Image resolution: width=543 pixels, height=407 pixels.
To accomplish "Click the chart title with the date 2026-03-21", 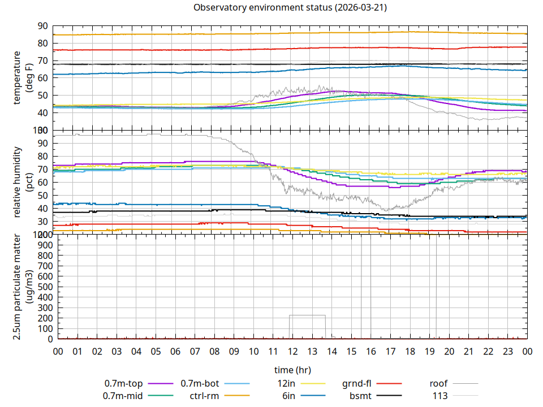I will click(x=290, y=7).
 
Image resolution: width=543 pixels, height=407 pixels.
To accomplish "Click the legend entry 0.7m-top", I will click(x=124, y=384).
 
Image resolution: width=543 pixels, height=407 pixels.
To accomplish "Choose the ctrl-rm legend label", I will click(x=204, y=396).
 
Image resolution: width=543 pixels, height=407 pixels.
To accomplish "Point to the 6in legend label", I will click(x=288, y=396).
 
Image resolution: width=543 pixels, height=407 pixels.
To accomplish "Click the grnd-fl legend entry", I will click(x=356, y=384).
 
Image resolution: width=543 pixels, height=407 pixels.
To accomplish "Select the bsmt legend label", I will click(x=360, y=396).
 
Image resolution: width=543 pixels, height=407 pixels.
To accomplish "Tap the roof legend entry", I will click(x=438, y=384).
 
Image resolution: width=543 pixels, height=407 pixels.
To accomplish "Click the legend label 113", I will click(x=440, y=396).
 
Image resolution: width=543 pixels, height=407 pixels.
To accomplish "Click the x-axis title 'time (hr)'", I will click(x=292, y=370).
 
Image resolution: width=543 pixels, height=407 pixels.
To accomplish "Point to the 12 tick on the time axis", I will click(x=292, y=352).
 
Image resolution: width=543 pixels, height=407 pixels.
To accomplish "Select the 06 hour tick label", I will click(x=175, y=352).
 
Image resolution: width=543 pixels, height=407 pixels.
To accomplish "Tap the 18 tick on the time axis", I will click(x=410, y=352).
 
